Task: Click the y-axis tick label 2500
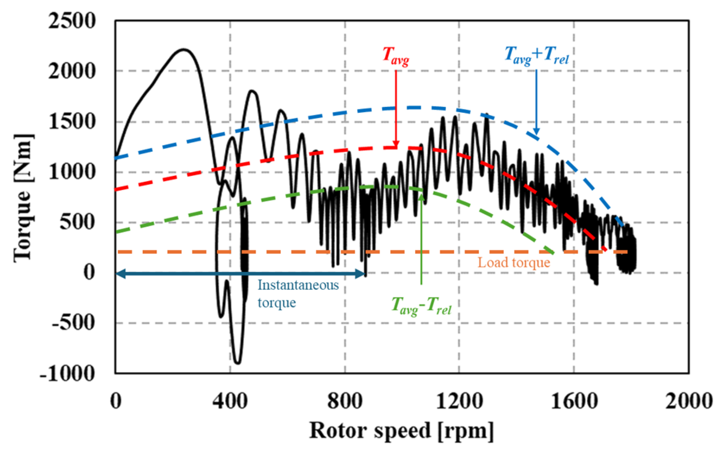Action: (72, 21)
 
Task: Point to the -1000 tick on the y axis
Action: (67, 373)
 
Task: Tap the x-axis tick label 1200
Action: (459, 401)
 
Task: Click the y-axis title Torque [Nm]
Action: (23, 198)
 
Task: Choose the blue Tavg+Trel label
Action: (536, 55)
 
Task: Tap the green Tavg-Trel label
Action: (421, 306)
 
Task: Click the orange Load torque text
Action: (514, 263)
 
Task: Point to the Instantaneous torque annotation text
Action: (297, 294)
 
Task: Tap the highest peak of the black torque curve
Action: (183, 49)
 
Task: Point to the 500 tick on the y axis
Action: (78, 222)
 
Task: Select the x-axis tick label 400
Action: (230, 401)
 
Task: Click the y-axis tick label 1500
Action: (72, 122)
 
